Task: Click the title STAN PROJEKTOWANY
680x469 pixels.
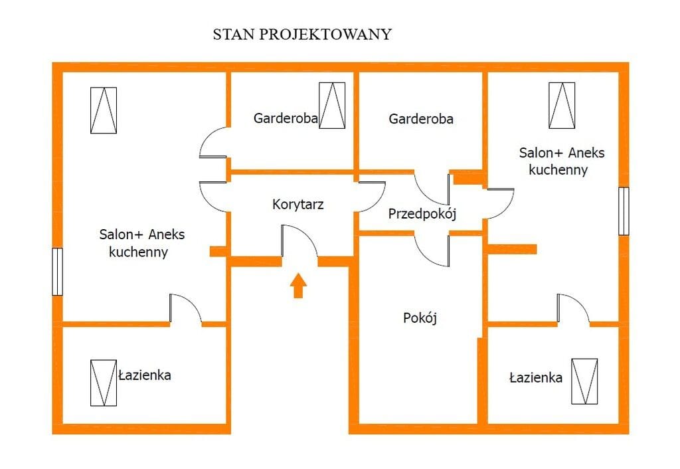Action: coord(301,35)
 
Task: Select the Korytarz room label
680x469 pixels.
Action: coord(298,205)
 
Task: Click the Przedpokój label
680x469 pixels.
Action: coord(422,214)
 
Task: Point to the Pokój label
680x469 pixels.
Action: coord(420,318)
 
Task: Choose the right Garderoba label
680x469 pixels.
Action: coord(421,119)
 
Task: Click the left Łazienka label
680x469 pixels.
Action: coord(145,375)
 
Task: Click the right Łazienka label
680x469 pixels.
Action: coord(535,378)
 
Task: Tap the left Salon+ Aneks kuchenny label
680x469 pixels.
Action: coord(141,243)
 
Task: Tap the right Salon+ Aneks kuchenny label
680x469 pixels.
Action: coord(561,161)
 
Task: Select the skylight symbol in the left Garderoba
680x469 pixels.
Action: coord(332,105)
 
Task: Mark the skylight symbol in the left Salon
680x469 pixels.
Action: coord(104,110)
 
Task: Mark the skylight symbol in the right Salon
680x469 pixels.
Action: coord(562,105)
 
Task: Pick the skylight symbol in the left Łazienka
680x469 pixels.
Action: coord(103,383)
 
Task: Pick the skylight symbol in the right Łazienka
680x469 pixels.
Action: coord(584,381)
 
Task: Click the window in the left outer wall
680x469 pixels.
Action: coord(57,272)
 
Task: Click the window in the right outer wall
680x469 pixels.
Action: coord(623,211)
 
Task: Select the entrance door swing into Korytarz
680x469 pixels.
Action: coord(299,242)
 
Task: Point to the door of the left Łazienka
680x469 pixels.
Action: coord(185,309)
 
